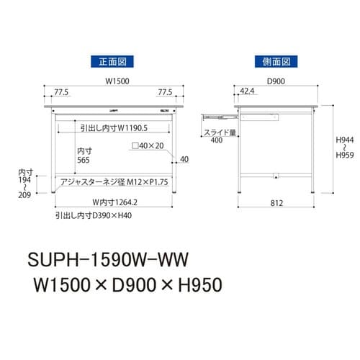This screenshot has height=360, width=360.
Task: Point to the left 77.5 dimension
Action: [x=62, y=93]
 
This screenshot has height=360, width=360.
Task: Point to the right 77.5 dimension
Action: [x=165, y=93]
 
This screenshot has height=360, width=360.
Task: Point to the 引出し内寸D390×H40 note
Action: [x=94, y=215]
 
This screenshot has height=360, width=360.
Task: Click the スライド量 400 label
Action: [x=217, y=137]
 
